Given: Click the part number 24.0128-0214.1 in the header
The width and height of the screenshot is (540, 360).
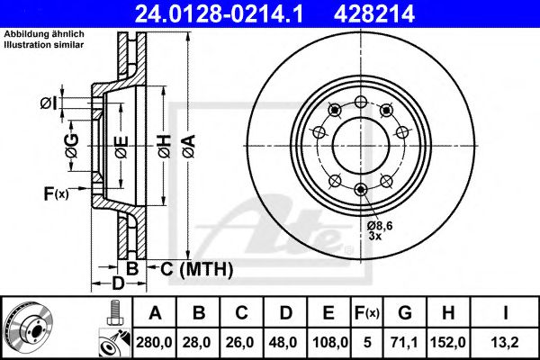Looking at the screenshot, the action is tap(219, 13).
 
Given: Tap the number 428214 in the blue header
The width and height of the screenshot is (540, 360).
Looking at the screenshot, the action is tap(374, 13).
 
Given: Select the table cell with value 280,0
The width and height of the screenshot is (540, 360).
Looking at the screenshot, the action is tap(154, 342).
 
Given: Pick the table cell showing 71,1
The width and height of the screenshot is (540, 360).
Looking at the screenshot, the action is tap(405, 342).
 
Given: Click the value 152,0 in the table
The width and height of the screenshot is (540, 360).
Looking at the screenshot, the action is tap(448, 342).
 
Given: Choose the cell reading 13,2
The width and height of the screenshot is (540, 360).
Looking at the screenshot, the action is tap(505, 342).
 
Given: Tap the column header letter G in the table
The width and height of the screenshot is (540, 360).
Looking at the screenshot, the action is tap(405, 313).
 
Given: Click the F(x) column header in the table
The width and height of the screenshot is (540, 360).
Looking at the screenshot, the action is tap(367, 313).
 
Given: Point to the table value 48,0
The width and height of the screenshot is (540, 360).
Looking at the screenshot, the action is tap(284, 342).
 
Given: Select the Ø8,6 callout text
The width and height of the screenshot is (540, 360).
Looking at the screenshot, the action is tap(380, 226).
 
